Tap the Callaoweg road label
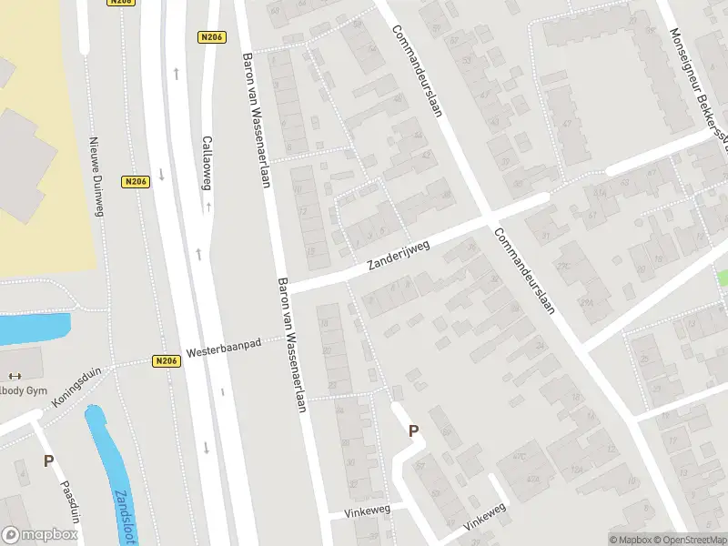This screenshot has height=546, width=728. [207, 163]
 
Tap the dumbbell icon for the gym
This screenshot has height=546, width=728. [13, 376]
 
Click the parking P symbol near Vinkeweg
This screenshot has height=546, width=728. [413, 431]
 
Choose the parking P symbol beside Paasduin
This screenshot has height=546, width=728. [48, 461]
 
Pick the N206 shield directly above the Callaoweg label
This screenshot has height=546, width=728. [210, 37]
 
